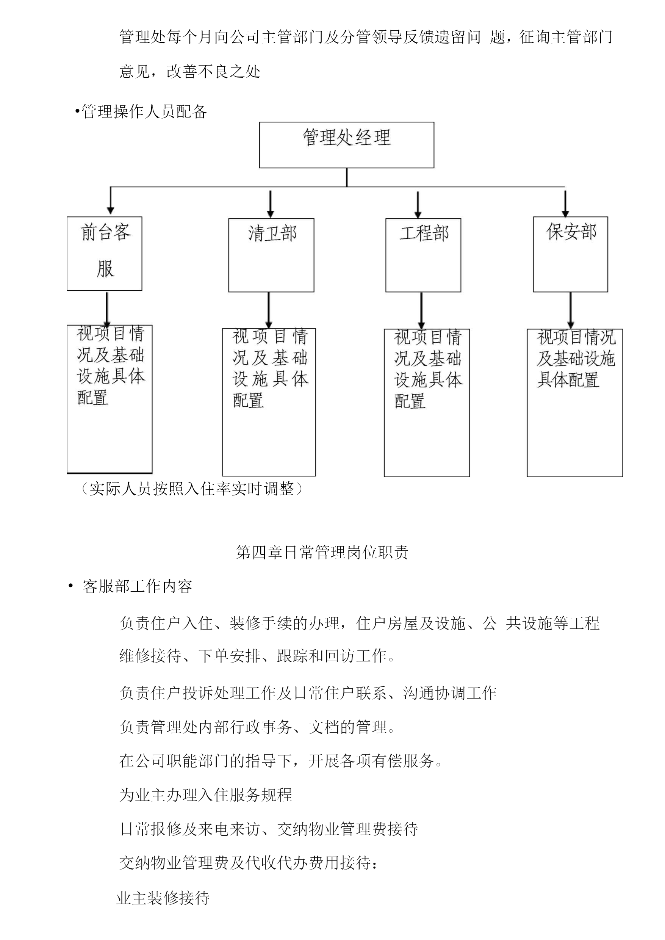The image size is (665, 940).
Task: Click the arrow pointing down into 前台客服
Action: pos(110,201)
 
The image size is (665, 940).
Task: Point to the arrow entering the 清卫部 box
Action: pos(270,204)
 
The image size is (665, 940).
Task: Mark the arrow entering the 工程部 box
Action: pos(418,204)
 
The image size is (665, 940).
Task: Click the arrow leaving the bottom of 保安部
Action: pos(570,310)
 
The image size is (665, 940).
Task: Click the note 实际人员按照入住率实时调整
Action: pos(192,489)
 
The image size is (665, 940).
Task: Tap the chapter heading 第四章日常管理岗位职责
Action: pos(322,552)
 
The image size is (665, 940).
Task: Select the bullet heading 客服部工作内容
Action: pos(138,586)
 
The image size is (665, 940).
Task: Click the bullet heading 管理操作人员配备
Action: pos(144,111)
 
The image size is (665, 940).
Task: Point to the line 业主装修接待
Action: pos(163,898)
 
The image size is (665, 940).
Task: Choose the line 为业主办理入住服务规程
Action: pos(205,794)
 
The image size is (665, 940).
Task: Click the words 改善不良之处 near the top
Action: pos(213,72)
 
